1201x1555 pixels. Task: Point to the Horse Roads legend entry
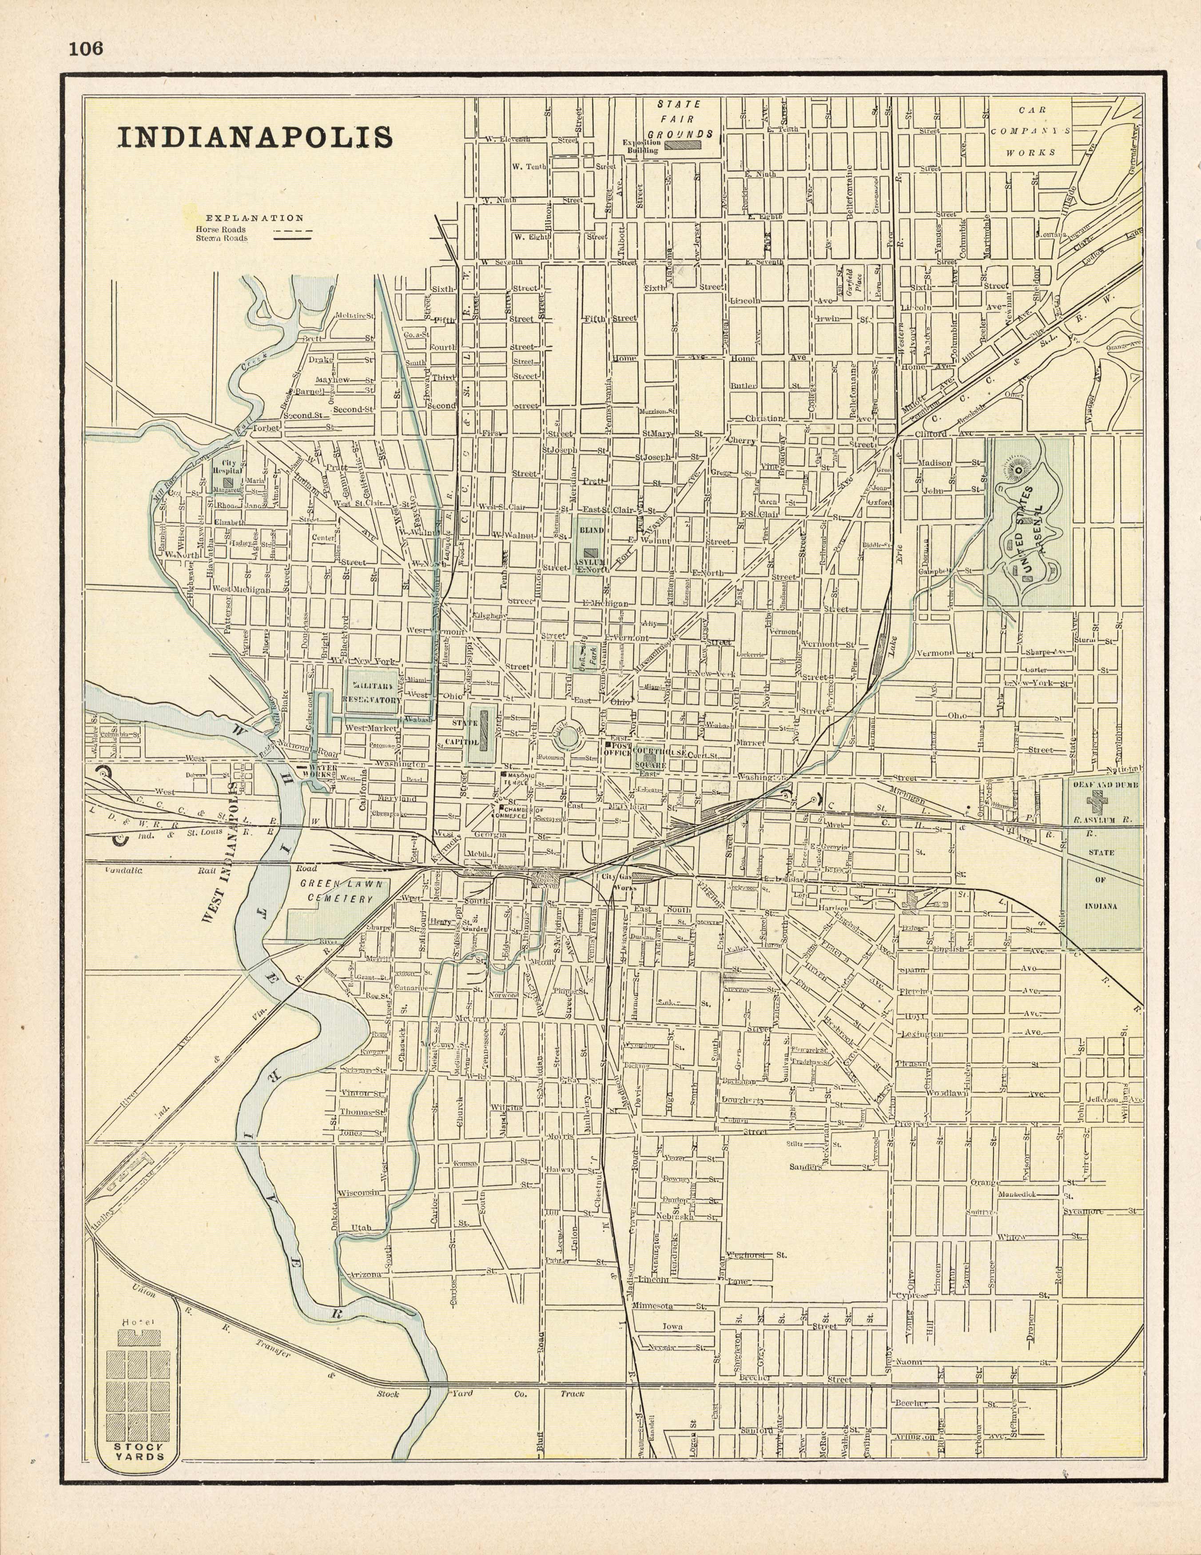click(221, 229)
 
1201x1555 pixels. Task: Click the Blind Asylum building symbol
click(590, 552)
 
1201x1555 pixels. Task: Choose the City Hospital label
click(227, 466)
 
